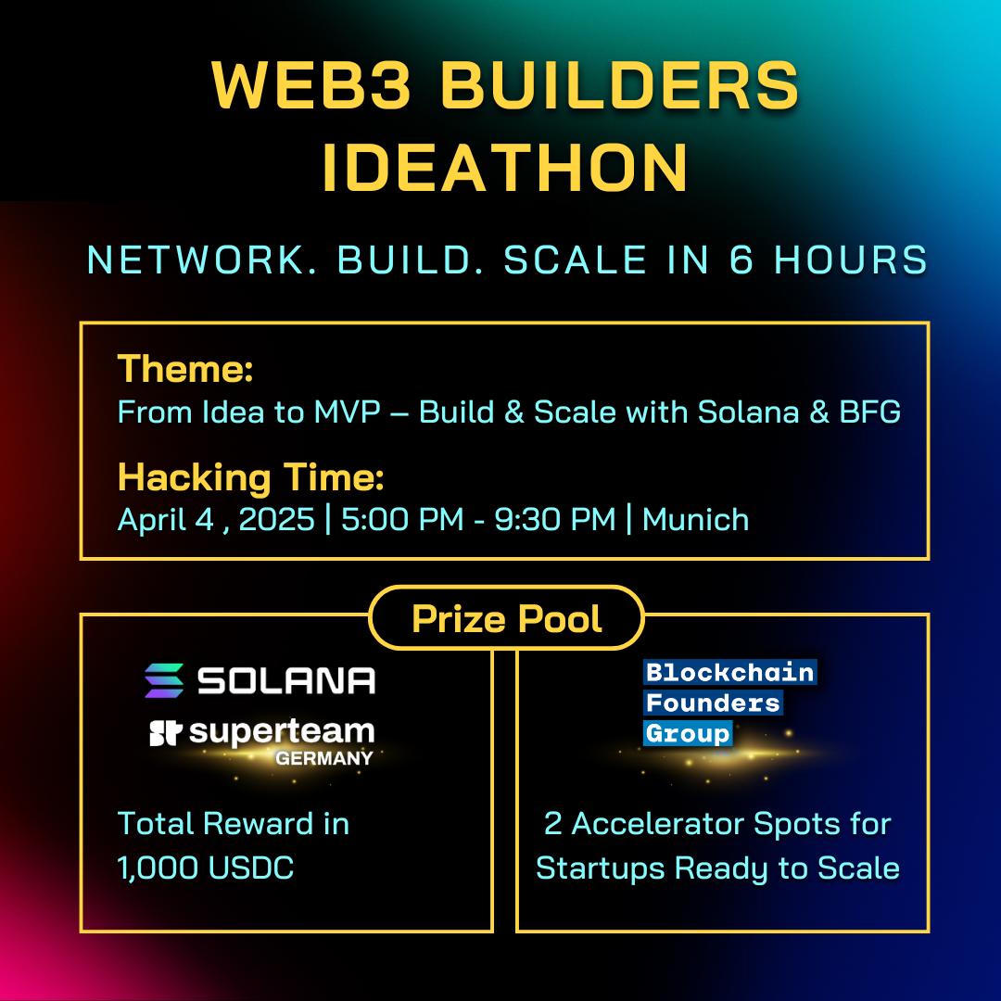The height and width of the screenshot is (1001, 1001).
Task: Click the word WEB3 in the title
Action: tap(310, 85)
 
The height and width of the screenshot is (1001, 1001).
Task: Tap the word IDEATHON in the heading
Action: tap(506, 167)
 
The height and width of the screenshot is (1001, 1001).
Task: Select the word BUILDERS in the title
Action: tap(619, 85)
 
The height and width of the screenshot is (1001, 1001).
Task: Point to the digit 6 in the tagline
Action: tap(741, 260)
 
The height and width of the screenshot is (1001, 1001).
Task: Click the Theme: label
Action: tap(185, 369)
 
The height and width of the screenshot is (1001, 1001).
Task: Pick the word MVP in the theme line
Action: tap(348, 412)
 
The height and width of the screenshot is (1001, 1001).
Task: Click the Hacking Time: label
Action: tap(251, 477)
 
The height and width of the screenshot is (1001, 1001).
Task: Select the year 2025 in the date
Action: tap(276, 519)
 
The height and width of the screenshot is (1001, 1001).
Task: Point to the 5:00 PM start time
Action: tap(402, 519)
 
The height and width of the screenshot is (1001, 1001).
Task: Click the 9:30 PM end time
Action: tap(555, 519)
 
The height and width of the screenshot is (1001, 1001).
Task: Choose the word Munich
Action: tap(695, 519)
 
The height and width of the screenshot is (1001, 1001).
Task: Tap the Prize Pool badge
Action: tap(507, 618)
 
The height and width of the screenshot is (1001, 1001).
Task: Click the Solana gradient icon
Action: tap(164, 680)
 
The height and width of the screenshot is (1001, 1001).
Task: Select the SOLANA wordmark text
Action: tap(286, 680)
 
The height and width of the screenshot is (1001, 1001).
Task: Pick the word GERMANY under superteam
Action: tap(324, 758)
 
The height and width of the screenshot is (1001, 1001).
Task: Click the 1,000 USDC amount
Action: tap(206, 868)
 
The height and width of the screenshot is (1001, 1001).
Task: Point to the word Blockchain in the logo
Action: tap(729, 672)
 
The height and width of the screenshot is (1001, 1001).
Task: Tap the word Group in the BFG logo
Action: tap(688, 733)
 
